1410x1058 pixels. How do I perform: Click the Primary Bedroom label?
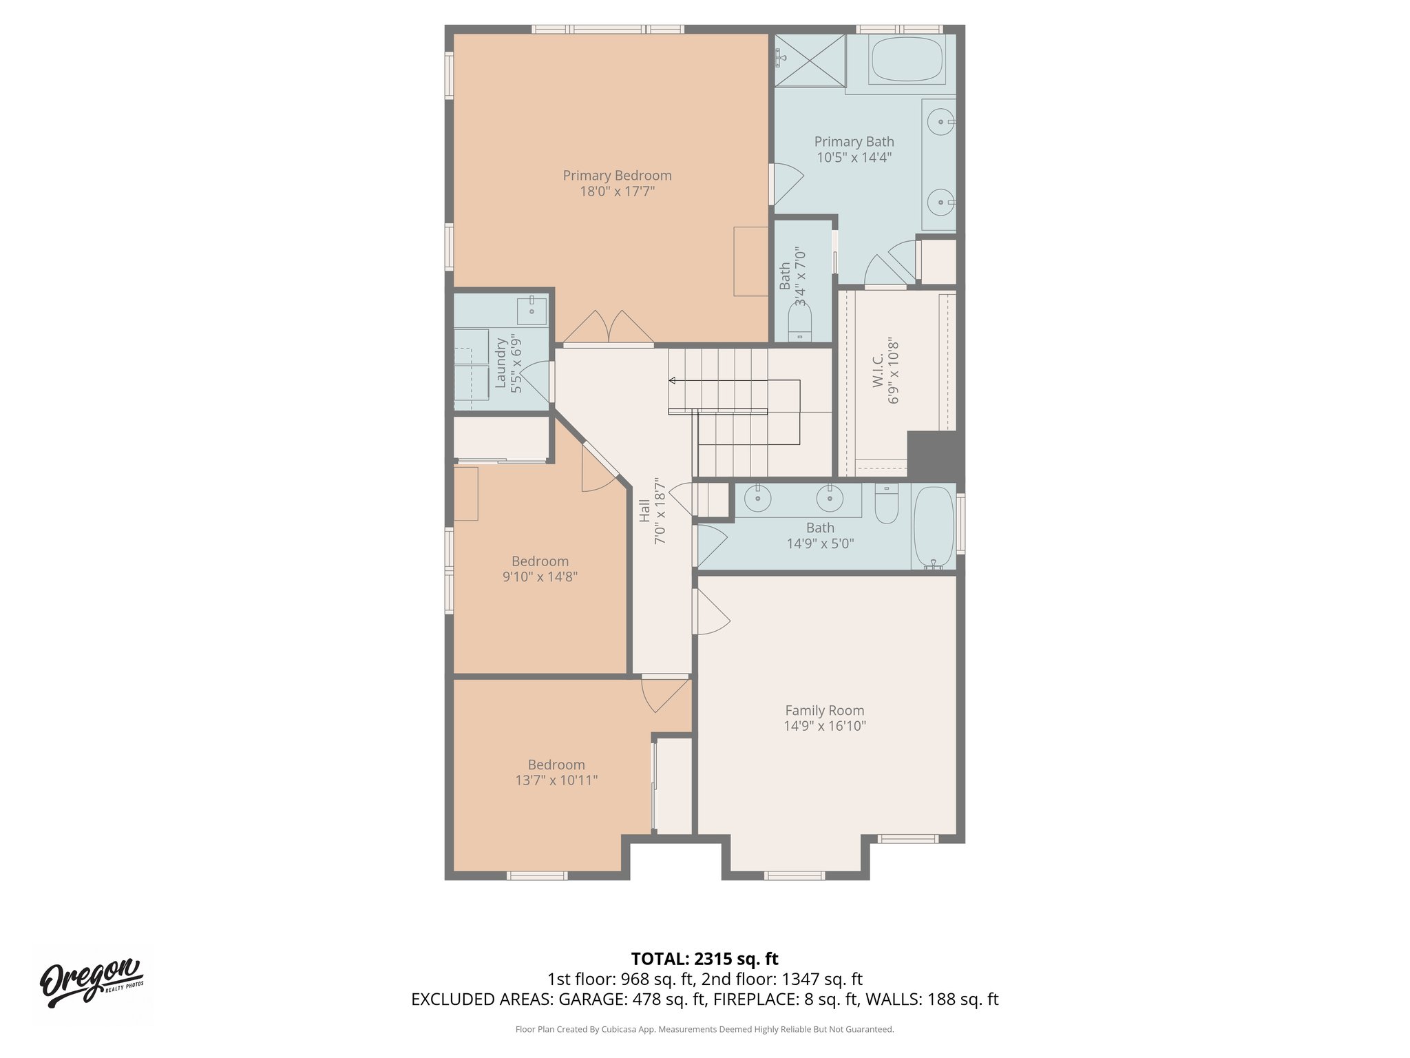click(x=617, y=176)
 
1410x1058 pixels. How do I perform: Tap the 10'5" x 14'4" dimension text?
click(x=854, y=158)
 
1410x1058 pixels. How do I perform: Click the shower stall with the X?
click(x=810, y=60)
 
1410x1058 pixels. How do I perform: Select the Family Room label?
click(x=824, y=710)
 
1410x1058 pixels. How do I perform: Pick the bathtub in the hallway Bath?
click(x=933, y=527)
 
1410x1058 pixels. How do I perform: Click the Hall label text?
click(x=644, y=510)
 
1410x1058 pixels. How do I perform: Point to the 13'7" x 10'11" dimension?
click(x=556, y=780)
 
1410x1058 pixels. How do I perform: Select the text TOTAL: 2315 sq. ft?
click(x=704, y=959)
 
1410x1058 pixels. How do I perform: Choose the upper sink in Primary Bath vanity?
click(x=939, y=123)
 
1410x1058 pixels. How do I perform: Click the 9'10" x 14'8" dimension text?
click(x=540, y=577)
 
